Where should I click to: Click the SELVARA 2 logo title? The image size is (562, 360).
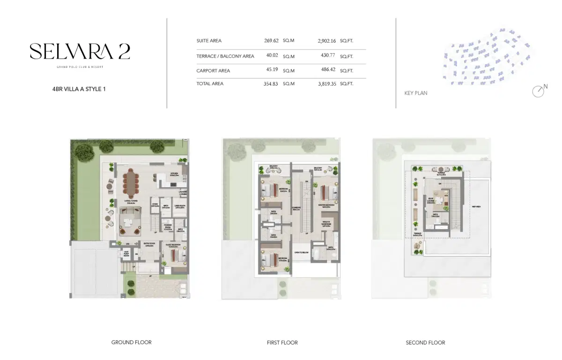pos(80,51)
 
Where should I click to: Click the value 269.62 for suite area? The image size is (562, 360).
pos(272,41)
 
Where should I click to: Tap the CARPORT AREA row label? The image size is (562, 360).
pos(213,71)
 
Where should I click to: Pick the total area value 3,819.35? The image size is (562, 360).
pos(327,84)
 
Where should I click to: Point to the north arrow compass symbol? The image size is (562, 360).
pos(539,91)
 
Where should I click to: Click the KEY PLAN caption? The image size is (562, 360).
pos(415,93)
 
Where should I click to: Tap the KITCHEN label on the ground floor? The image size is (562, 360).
pos(174,174)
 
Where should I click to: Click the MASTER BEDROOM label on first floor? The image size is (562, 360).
pos(326,205)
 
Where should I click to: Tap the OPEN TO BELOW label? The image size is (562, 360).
pos(301,252)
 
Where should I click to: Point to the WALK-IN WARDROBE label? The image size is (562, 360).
pos(326,224)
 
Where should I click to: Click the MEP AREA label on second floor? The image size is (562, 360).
pos(477,206)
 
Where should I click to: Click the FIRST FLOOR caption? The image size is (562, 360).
pos(282,343)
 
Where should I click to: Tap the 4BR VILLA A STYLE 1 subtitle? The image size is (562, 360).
pos(79,88)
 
